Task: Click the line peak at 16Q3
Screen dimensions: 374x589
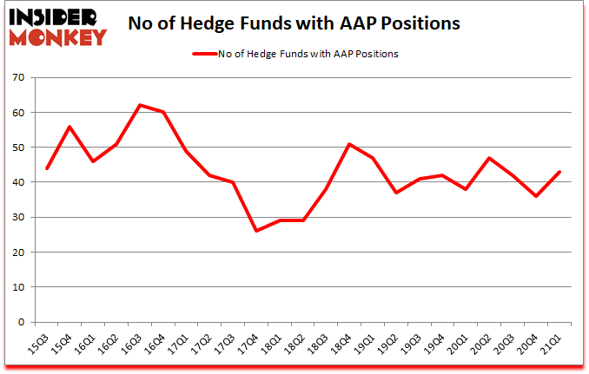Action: [140, 105]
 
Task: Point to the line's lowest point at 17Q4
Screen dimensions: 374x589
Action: [257, 231]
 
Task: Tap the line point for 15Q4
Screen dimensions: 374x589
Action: [69, 127]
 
